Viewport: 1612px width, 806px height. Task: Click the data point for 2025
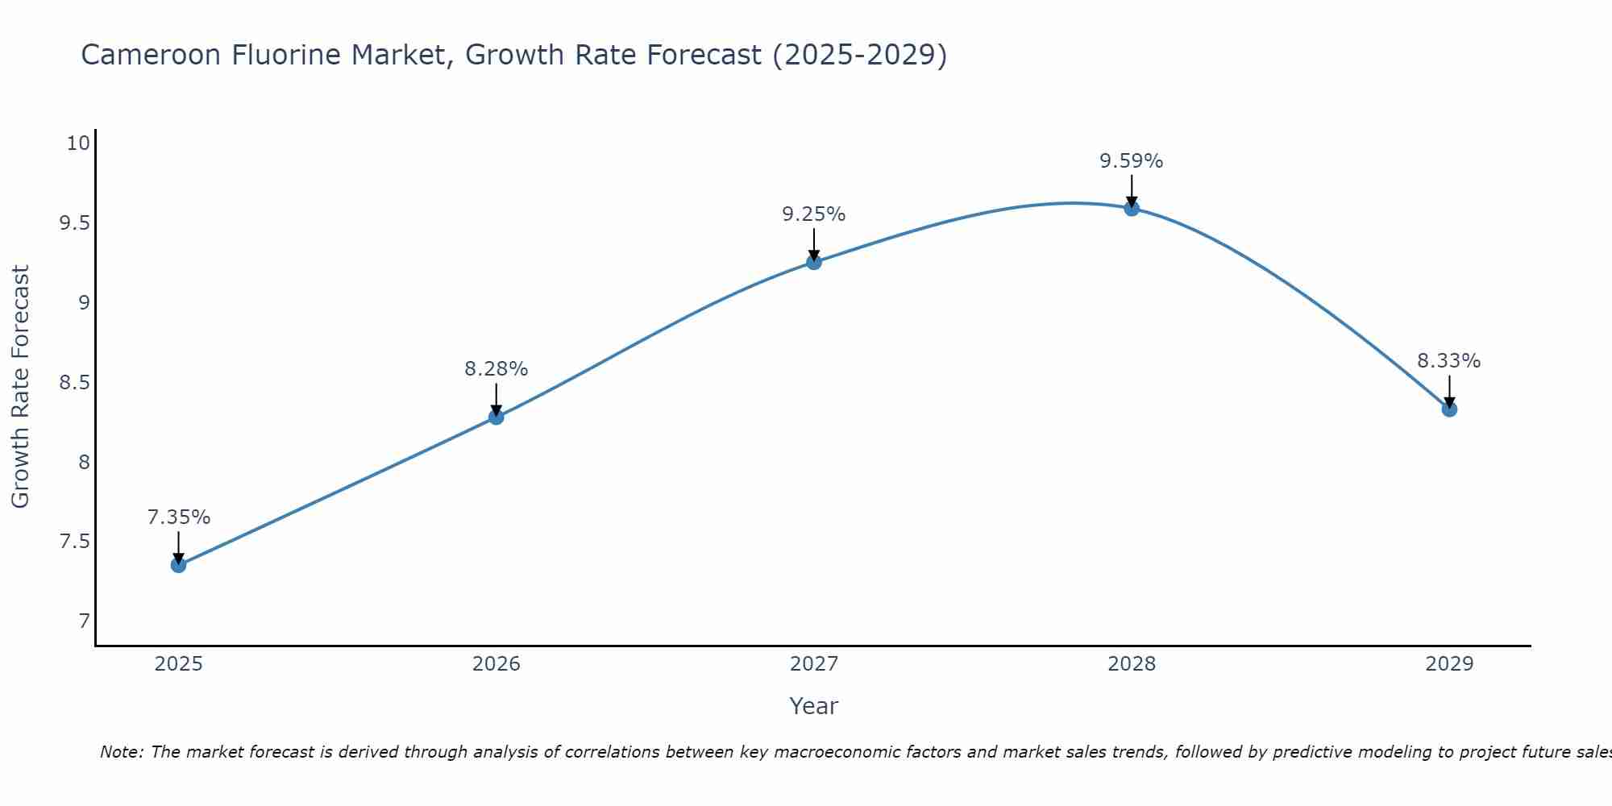[178, 565]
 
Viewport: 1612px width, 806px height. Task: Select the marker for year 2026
[496, 417]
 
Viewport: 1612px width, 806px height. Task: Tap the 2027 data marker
[813, 262]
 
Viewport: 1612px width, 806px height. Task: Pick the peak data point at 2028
[1131, 208]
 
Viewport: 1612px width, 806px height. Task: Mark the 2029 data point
[1448, 409]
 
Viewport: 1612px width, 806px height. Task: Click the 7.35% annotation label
[178, 517]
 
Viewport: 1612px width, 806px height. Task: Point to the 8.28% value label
[496, 369]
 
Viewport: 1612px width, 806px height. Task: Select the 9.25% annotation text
[813, 214]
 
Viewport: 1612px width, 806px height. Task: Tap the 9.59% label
[1131, 161]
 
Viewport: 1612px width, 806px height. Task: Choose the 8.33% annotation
[1448, 361]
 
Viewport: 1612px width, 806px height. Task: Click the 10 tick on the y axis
[77, 143]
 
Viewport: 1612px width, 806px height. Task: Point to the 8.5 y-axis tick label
[74, 382]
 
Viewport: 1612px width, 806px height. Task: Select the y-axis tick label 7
[84, 621]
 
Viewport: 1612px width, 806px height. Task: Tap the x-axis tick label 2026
[496, 664]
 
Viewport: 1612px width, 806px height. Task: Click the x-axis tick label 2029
[1448, 664]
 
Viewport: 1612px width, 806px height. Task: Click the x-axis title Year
[813, 706]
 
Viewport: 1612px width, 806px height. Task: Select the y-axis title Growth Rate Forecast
[20, 387]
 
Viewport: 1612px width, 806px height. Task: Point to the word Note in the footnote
[120, 752]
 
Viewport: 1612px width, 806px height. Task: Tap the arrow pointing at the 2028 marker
[1131, 191]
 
